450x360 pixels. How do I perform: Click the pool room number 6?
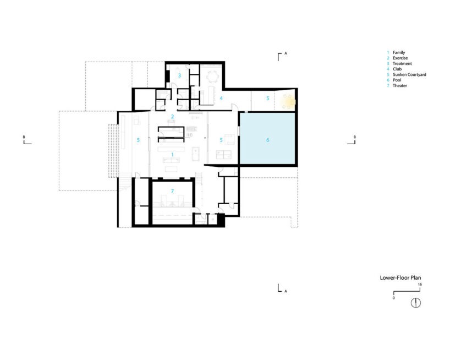click(268, 140)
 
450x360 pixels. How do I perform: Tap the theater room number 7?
click(172, 191)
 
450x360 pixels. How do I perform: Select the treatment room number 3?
click(180, 76)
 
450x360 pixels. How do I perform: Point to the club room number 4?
click(221, 98)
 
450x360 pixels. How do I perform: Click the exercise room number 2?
click(173, 117)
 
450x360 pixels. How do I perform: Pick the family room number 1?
click(172, 155)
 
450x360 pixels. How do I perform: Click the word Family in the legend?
click(399, 52)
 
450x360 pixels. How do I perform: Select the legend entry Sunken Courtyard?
click(409, 75)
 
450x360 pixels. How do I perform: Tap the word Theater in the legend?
click(400, 85)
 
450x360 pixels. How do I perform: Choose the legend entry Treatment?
click(402, 63)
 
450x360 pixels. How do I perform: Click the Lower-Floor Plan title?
click(400, 277)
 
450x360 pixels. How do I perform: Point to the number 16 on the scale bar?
click(420, 285)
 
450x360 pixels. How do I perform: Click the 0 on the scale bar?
click(394, 298)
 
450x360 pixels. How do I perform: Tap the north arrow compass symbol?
click(416, 303)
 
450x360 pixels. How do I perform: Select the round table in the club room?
click(213, 77)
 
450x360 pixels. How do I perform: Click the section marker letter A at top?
click(286, 53)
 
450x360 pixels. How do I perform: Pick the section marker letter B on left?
click(24, 137)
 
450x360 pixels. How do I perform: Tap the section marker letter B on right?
click(355, 137)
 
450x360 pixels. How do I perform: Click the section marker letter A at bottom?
click(286, 291)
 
